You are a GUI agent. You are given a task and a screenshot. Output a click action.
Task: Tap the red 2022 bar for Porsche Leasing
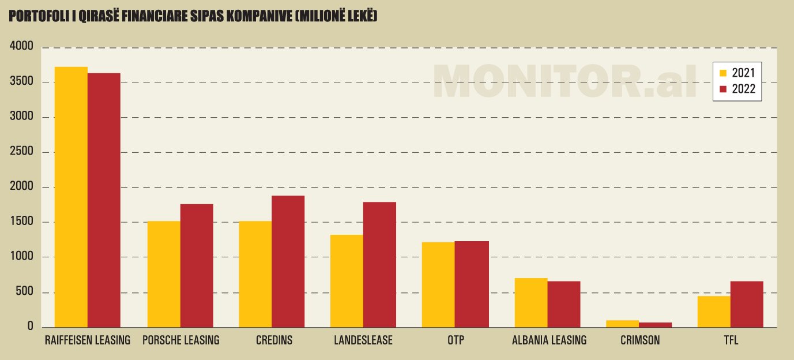pyautogui.click(x=197, y=266)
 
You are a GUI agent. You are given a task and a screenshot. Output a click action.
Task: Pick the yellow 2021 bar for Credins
pyautogui.click(x=255, y=275)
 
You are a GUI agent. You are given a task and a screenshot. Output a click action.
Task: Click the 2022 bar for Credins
pyautogui.click(x=288, y=262)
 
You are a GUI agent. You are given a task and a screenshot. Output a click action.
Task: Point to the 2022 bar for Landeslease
pyautogui.click(x=379, y=265)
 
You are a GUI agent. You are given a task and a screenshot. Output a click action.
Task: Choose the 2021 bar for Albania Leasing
pyautogui.click(x=531, y=303)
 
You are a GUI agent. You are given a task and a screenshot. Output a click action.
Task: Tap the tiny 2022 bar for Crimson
pyautogui.click(x=655, y=325)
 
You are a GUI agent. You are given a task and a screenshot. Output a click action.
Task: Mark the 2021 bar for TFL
pyautogui.click(x=714, y=312)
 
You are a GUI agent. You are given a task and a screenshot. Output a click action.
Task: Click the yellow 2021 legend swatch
pyautogui.click(x=722, y=73)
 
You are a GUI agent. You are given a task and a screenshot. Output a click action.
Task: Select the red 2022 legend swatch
pyautogui.click(x=722, y=89)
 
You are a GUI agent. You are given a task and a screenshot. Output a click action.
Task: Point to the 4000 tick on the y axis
pyautogui.click(x=22, y=47)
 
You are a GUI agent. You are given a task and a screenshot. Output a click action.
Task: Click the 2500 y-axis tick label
pyautogui.click(x=22, y=152)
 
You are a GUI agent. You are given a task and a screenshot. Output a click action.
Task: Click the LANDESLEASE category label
pyautogui.click(x=363, y=340)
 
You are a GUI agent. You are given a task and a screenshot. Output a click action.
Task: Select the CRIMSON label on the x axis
pyautogui.click(x=640, y=340)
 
